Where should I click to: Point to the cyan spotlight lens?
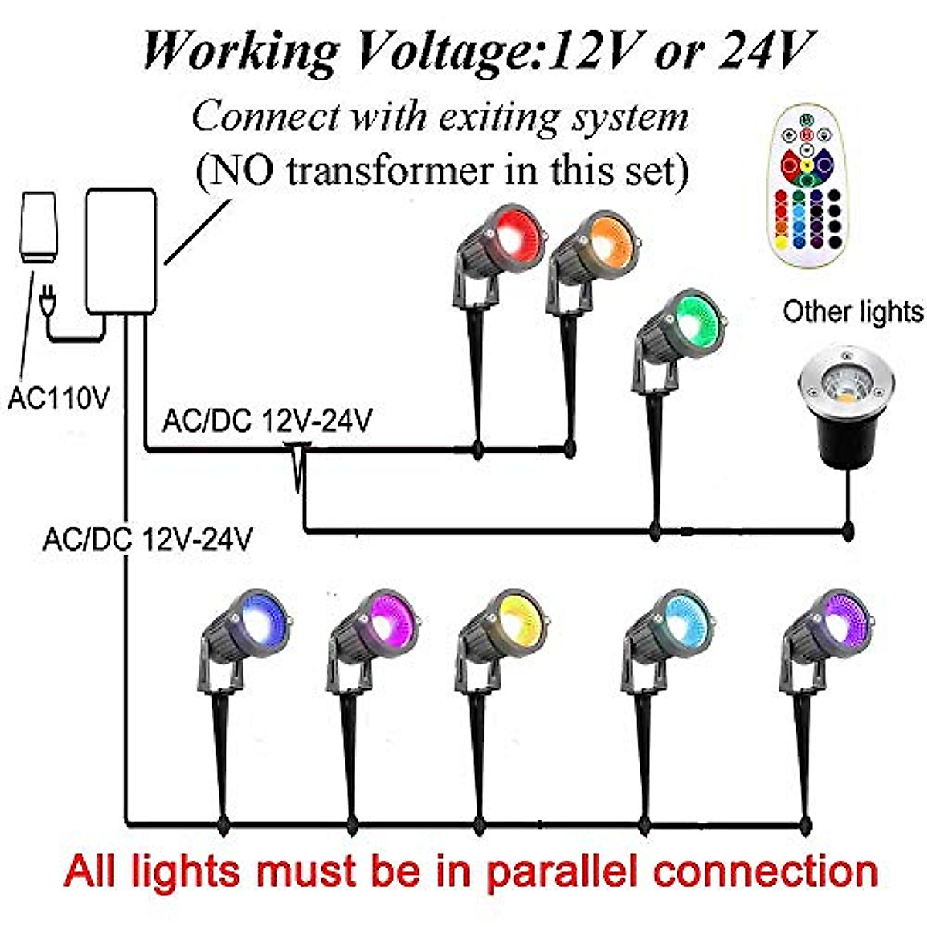tap(681, 623)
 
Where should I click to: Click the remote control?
tap(805, 189)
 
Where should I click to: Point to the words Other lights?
tap(852, 312)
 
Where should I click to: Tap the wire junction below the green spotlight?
tap(655, 531)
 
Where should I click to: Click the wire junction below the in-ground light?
tap(847, 531)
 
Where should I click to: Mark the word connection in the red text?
tap(765, 871)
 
